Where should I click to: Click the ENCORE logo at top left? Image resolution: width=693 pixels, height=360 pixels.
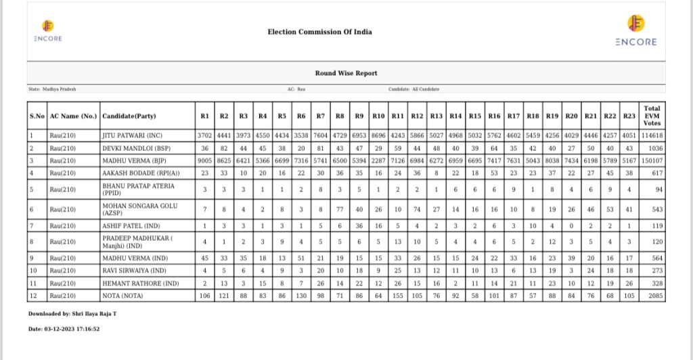(47, 30)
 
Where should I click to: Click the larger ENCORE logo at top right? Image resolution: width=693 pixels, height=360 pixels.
(635, 31)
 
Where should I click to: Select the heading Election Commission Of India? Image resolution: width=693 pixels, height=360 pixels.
(319, 32)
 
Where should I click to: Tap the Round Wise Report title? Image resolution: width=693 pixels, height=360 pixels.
(346, 73)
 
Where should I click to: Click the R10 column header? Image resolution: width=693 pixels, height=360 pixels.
(379, 116)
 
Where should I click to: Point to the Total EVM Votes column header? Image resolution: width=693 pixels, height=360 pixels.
(652, 116)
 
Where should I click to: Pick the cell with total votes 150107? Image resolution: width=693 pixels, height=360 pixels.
(652, 160)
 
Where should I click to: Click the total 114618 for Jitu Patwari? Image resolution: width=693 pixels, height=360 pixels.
(652, 135)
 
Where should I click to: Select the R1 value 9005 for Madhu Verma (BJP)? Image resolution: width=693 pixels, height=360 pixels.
(205, 160)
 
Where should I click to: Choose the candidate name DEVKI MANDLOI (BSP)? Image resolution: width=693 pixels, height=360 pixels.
(134, 148)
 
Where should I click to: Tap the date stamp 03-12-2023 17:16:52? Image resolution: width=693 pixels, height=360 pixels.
(64, 329)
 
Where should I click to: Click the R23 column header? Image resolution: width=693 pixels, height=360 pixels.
(631, 116)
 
